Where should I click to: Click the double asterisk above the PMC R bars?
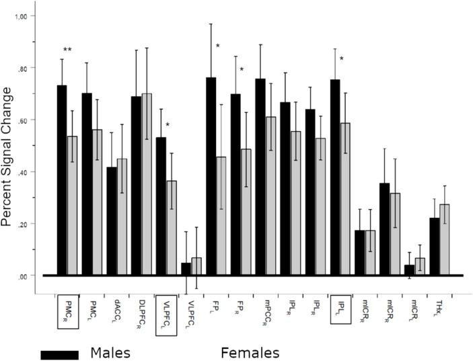point(67,50)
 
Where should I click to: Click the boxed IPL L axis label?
point(342,309)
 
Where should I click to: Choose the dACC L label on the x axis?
point(117,311)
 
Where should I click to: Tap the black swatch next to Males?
point(59,354)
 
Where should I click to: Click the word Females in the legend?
point(250,353)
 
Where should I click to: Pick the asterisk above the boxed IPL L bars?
point(342,59)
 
